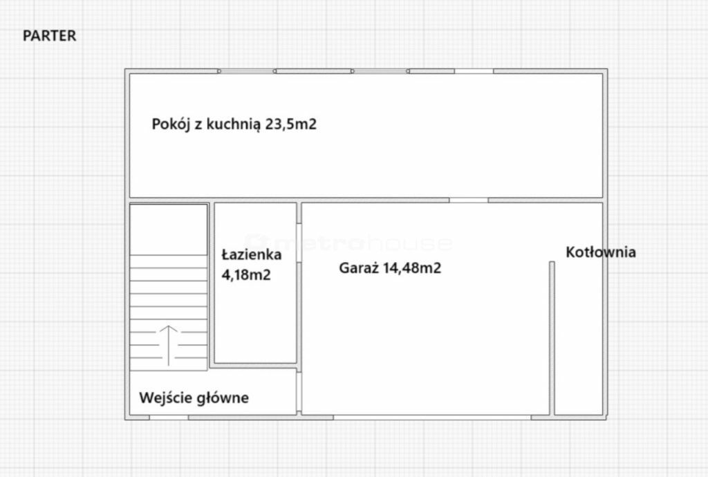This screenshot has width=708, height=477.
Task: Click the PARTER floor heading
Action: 49,36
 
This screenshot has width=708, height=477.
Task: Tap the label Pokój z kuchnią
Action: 206,124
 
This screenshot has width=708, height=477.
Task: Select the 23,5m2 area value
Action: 291,124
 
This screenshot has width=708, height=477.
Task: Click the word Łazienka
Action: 252,254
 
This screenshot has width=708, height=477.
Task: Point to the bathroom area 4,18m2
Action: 246,274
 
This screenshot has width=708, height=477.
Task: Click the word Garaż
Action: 359,268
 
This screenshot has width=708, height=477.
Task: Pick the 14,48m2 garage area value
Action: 412,268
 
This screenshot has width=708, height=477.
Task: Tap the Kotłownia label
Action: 601,252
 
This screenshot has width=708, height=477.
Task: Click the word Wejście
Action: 167,398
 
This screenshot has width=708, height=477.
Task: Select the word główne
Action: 224,398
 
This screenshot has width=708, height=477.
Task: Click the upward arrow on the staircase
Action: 169,345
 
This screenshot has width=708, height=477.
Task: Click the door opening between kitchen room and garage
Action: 469,200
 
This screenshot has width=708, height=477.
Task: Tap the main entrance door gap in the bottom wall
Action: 169,418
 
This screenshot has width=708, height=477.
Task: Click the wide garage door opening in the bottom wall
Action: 432,418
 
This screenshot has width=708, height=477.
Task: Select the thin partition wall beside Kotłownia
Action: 552,338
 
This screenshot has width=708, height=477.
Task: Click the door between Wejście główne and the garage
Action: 299,391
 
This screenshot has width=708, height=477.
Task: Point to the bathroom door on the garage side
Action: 299,243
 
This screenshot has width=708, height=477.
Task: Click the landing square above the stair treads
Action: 169,230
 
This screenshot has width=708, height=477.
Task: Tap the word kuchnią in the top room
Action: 234,124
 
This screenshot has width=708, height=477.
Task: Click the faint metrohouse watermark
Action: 348,243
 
